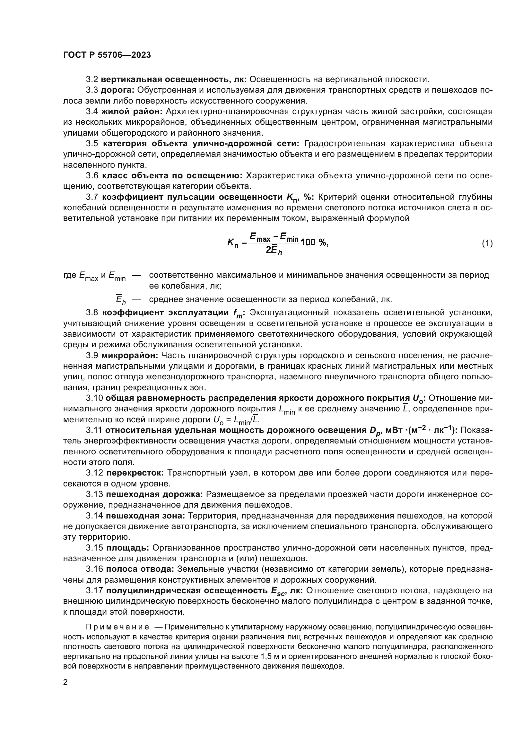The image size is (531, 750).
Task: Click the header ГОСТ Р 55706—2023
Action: coord(107,55)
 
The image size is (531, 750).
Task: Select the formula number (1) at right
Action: coord(487,243)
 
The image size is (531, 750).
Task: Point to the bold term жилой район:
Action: coord(132,111)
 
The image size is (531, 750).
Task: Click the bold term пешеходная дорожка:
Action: coord(154,494)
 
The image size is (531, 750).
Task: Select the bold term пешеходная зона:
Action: coord(145,516)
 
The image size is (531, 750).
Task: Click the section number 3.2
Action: coord(92,80)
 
